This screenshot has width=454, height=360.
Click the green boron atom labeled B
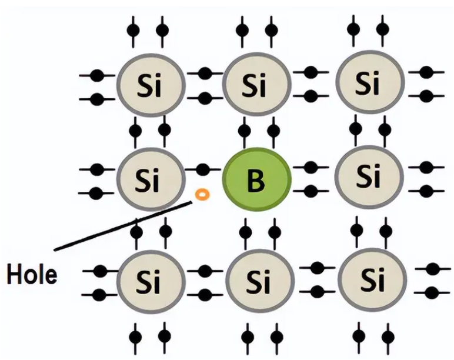coord(257,181)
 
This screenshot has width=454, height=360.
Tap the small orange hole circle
coord(202,194)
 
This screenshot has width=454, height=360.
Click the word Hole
coord(32,274)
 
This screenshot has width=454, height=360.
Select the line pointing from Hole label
coord(118,226)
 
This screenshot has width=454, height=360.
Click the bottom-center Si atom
coord(259,280)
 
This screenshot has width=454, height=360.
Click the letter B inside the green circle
coord(256,181)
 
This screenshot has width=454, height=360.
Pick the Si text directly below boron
coord(259,281)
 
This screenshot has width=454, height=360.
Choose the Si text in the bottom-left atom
coord(148,279)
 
